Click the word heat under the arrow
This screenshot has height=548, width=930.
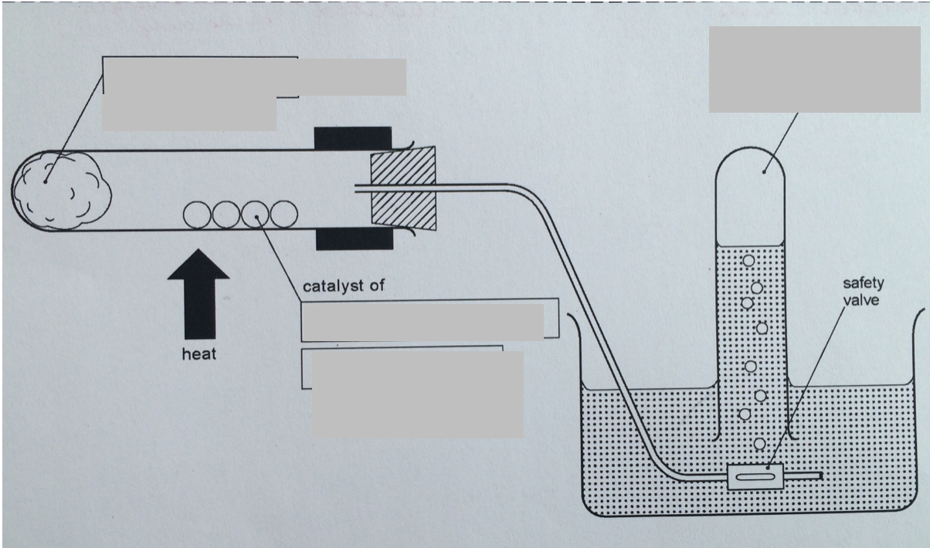tap(199, 354)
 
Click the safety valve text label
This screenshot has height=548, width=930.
tap(863, 292)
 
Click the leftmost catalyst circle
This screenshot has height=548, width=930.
tap(196, 215)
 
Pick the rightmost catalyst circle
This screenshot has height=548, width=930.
tap(283, 215)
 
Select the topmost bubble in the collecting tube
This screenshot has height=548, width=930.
tap(748, 261)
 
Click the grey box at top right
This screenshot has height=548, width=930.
tap(814, 69)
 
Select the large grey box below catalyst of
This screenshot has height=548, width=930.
tap(417, 394)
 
